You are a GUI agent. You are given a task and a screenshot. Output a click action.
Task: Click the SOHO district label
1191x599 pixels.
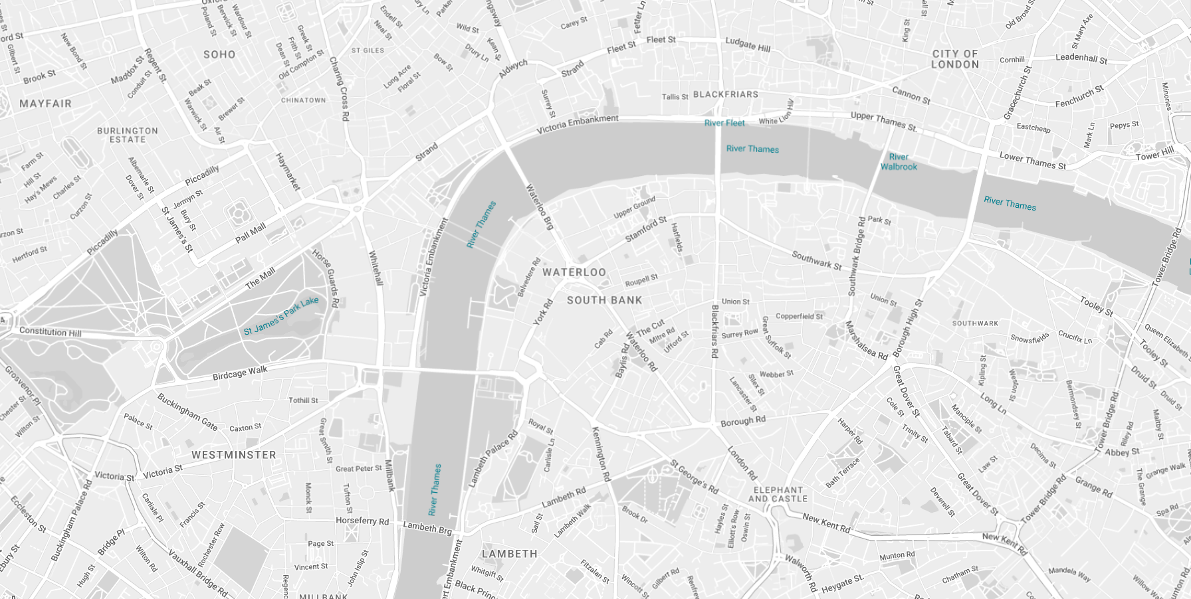219,54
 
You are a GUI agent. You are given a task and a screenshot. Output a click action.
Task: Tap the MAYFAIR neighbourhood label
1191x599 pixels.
45,104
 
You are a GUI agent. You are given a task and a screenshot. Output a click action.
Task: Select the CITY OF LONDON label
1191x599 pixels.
955,59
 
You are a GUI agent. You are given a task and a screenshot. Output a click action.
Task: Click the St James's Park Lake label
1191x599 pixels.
281,316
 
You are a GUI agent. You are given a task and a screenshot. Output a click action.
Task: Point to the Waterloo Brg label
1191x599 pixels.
540,207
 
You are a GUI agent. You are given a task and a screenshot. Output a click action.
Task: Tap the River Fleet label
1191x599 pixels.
724,123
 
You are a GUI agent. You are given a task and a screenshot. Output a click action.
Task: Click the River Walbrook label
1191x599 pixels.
899,162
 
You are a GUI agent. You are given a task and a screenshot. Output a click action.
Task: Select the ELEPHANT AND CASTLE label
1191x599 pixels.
778,494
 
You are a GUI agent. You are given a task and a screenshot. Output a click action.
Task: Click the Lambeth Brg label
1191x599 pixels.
427,528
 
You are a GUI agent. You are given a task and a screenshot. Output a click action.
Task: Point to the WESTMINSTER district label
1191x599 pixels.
234,455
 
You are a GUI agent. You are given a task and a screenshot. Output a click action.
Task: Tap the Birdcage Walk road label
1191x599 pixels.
240,374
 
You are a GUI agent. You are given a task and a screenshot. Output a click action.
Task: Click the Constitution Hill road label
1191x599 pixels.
50,331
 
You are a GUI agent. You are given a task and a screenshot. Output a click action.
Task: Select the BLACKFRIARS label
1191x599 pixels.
726,94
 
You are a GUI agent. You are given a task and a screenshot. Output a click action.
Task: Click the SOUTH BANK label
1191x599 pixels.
605,300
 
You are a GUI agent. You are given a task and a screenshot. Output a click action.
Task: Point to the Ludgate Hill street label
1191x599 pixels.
748,44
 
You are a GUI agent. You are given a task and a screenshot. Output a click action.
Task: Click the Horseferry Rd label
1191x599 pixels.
362,521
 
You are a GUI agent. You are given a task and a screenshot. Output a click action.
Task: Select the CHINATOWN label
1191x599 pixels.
303,100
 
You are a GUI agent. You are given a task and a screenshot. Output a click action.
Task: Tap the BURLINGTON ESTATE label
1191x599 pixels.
128,135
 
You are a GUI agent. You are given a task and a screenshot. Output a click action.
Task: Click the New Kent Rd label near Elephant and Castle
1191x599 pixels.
826,523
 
